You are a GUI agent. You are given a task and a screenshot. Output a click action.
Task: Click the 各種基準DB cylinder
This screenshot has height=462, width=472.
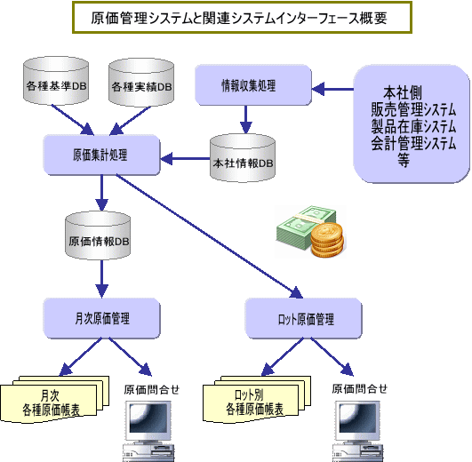[x=56, y=81]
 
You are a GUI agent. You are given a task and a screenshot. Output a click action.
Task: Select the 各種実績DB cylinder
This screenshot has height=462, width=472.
[x=141, y=82]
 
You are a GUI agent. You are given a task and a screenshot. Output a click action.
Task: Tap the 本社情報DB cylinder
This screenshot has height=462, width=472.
[x=243, y=158]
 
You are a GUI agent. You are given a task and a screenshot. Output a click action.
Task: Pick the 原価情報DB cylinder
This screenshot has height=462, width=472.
[x=98, y=235]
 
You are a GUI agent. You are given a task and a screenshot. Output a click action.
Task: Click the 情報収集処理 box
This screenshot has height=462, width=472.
[x=253, y=85]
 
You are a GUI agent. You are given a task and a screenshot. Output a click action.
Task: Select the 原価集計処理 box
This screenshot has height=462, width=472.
[x=101, y=155]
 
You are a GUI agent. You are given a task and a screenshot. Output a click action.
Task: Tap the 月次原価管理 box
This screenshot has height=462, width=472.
[x=101, y=318]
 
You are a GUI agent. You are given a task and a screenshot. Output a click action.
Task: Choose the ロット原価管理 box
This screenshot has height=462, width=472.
[x=303, y=318]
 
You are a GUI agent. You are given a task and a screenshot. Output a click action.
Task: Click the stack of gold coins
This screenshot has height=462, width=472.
[x=327, y=240]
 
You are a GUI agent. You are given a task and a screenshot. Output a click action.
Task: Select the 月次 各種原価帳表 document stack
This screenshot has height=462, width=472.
[x=54, y=399]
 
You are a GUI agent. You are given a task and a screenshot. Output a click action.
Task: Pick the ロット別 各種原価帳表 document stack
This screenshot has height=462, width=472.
[x=257, y=399]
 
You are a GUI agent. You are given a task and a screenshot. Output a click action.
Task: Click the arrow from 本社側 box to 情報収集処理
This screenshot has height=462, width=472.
[x=332, y=89]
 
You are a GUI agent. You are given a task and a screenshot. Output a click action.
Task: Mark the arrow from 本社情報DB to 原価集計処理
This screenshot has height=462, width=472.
[x=185, y=158]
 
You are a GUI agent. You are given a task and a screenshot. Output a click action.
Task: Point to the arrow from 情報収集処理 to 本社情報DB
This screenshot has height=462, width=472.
[x=246, y=119]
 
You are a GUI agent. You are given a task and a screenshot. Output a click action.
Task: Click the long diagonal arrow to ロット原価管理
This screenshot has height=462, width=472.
[x=210, y=236]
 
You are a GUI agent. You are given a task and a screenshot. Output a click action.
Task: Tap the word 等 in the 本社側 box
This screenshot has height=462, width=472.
[x=404, y=160]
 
